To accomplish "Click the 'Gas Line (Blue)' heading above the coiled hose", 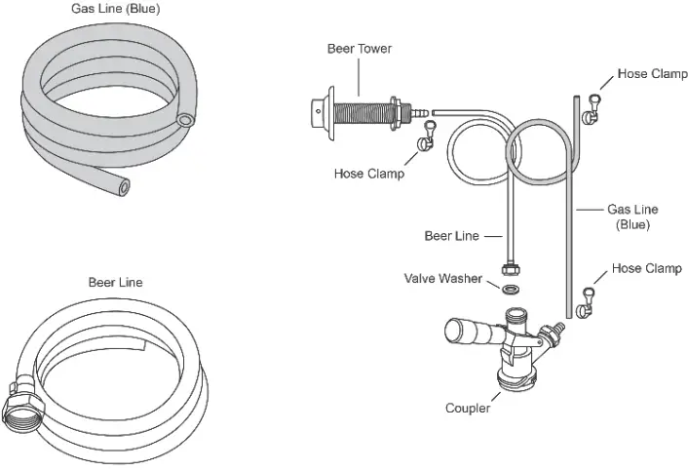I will click(115, 9).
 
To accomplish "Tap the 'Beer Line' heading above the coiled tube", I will click(115, 283).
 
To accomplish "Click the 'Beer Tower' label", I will click(359, 47).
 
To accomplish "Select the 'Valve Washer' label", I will click(443, 279).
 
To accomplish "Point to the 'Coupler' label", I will click(468, 409).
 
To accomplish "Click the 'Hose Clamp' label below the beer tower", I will click(369, 175).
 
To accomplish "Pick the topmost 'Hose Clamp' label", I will click(652, 73).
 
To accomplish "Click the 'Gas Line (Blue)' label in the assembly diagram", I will click(632, 216).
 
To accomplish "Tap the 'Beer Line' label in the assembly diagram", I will click(451, 236).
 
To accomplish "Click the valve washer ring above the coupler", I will click(510, 289).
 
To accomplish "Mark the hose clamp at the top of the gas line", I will click(591, 111).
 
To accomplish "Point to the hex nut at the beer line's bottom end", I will click(509, 267).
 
